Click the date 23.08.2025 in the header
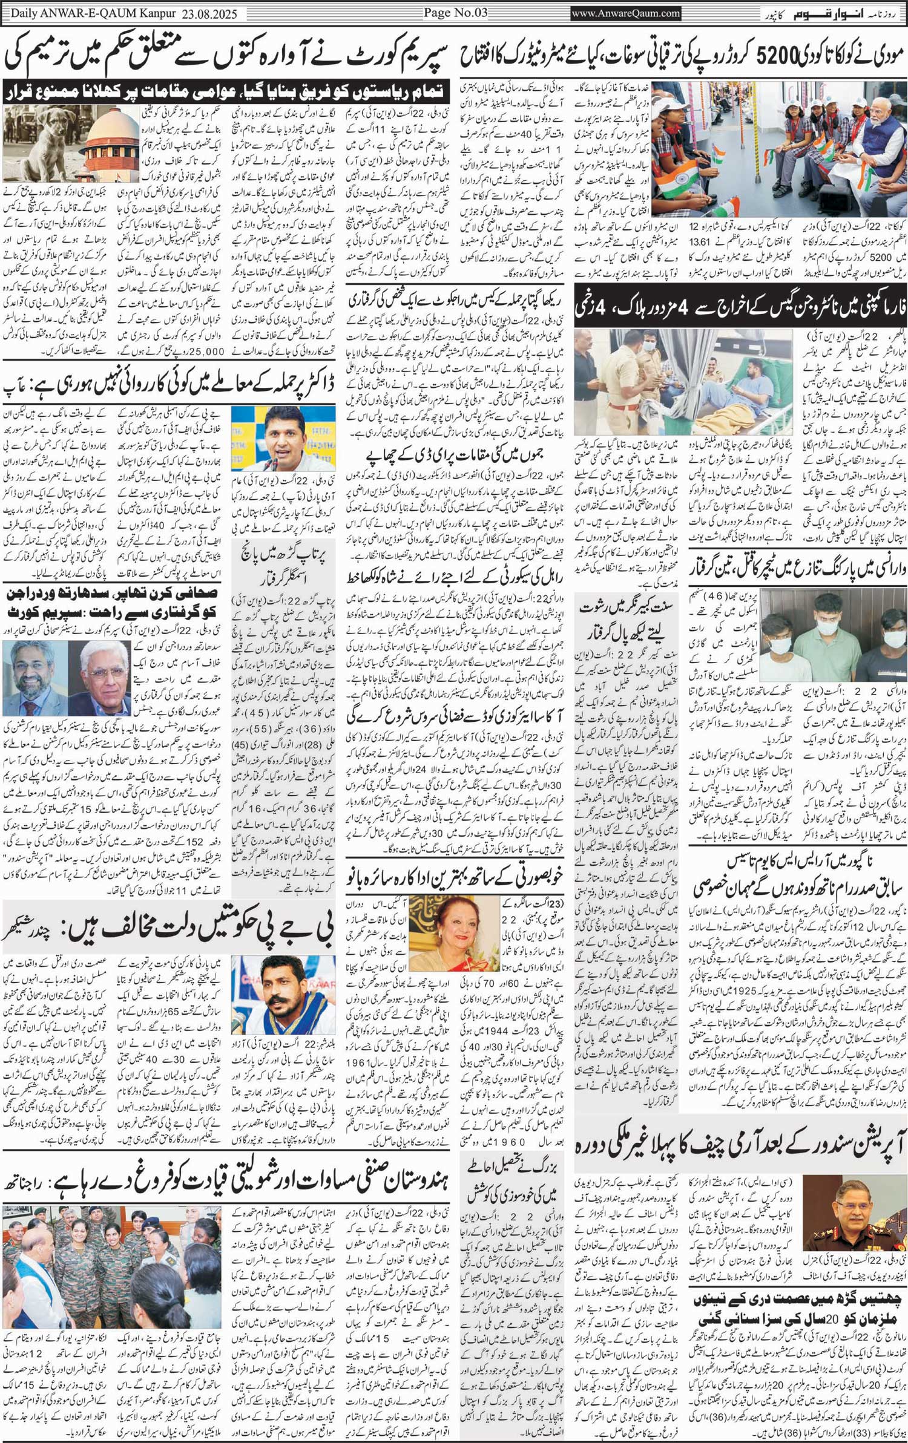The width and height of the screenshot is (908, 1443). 211,12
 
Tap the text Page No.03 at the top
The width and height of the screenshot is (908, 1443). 455,12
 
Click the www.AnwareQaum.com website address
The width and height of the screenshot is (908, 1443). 626,13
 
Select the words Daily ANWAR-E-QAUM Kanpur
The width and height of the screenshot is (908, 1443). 90,12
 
